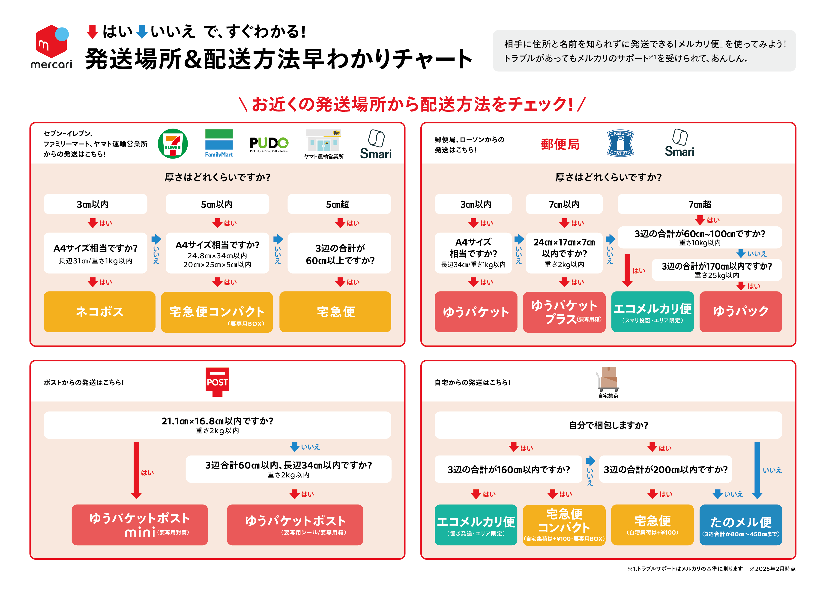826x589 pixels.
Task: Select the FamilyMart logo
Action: click(x=219, y=143)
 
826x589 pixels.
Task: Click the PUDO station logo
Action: click(x=269, y=144)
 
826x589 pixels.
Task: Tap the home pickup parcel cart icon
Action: click(x=608, y=379)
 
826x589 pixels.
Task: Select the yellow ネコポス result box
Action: click(x=99, y=312)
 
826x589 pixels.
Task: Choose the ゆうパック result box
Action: click(x=740, y=312)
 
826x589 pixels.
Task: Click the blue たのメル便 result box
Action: click(x=740, y=524)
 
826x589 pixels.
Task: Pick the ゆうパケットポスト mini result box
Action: click(x=140, y=524)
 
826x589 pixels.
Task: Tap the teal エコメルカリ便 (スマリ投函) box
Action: click(x=652, y=312)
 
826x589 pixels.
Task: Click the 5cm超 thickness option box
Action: click(x=339, y=204)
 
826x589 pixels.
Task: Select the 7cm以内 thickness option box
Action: click(x=564, y=204)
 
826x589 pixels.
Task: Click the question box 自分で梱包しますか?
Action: click(x=608, y=425)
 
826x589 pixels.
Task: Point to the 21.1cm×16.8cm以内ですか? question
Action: click(x=217, y=425)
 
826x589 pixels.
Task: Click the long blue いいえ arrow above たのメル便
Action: click(x=757, y=470)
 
